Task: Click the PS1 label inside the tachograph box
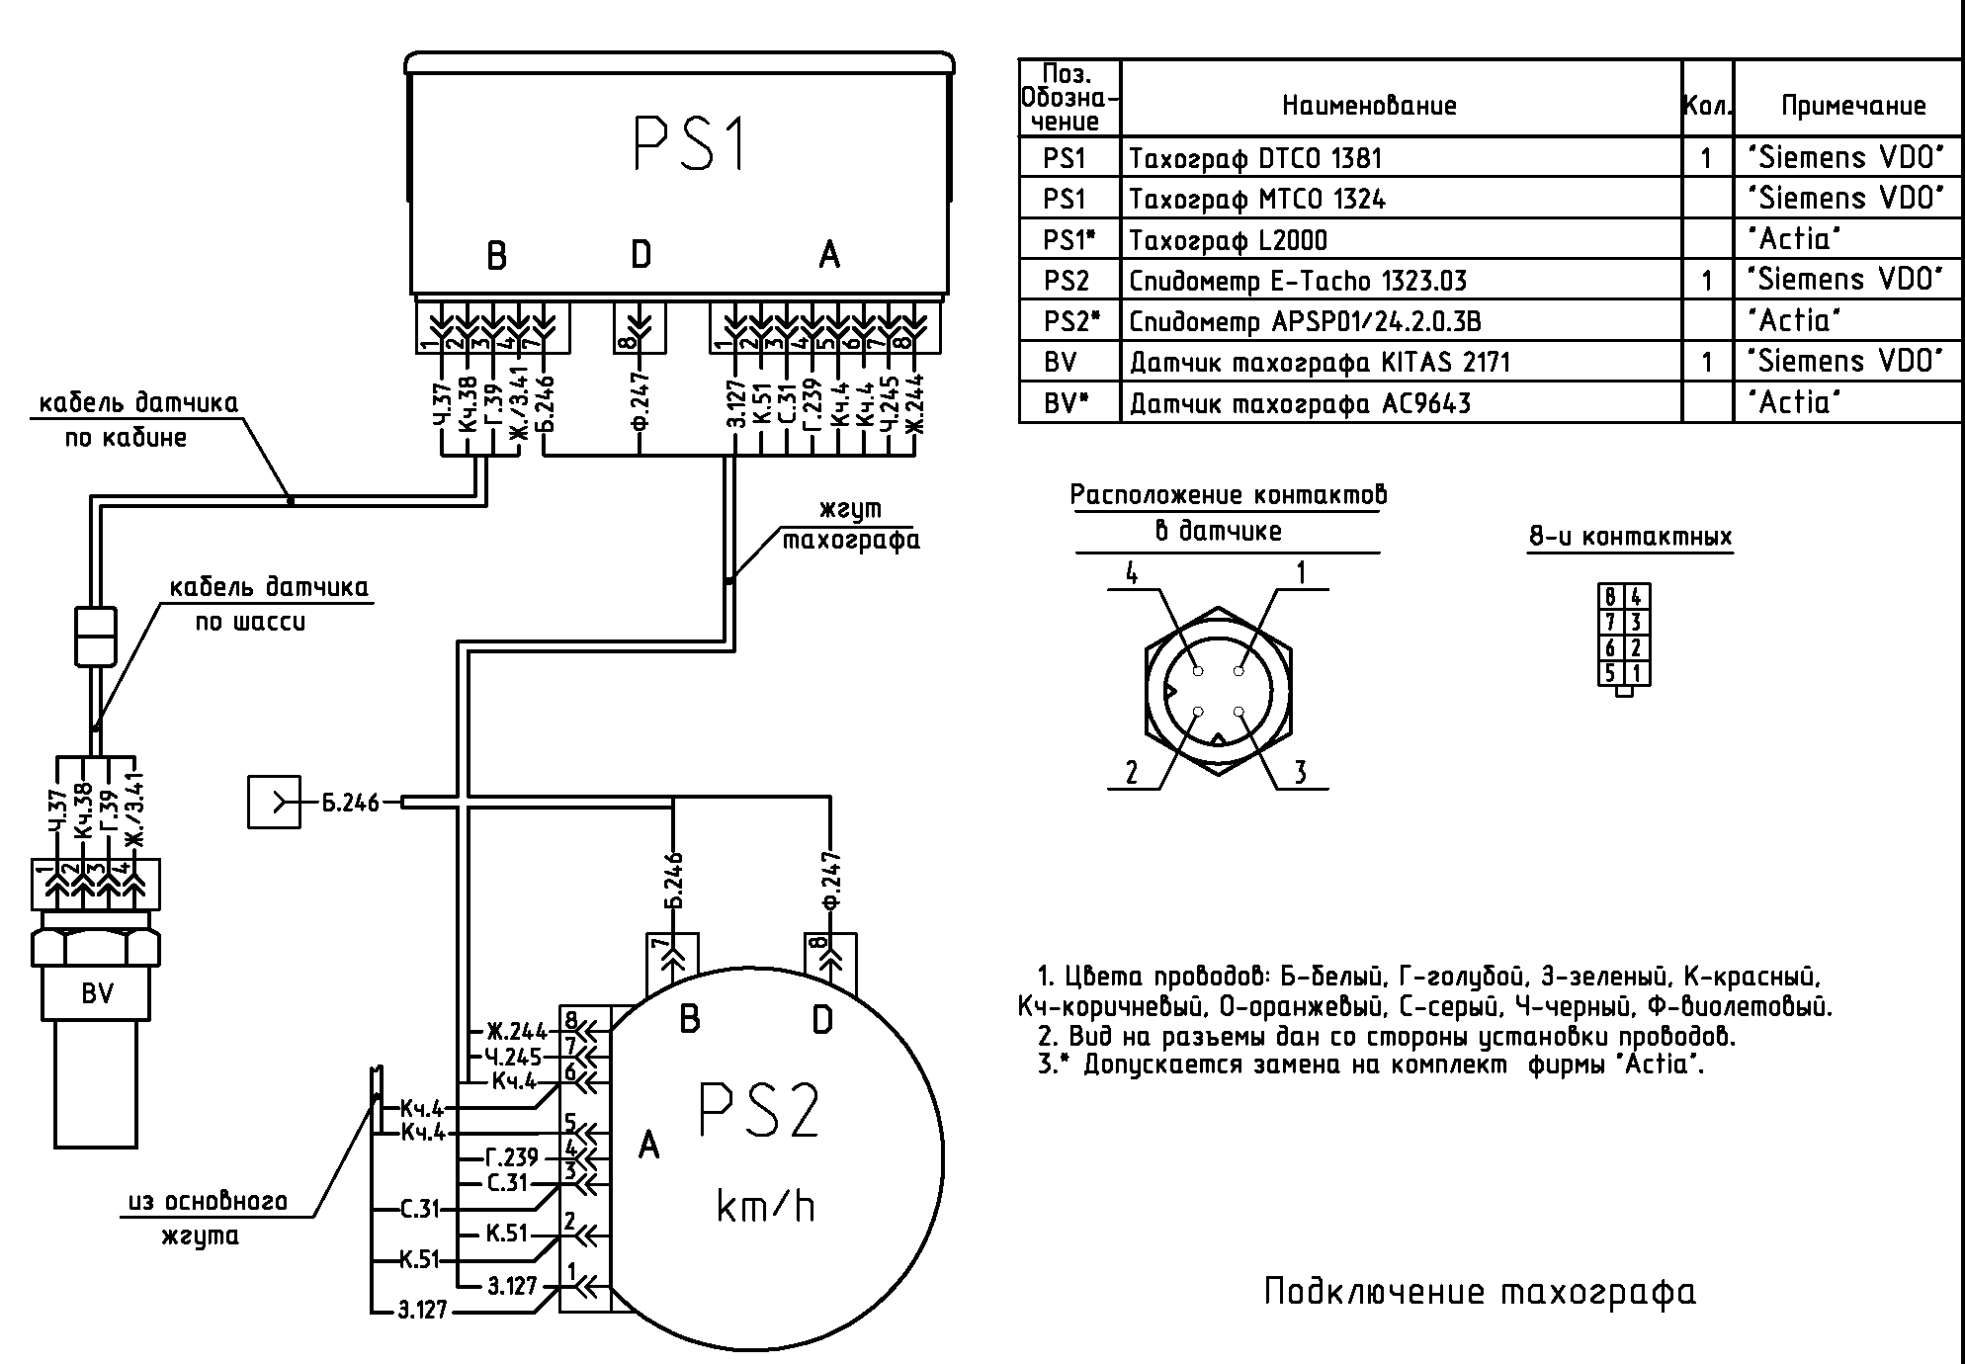pyautogui.click(x=689, y=144)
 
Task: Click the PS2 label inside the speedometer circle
pyautogui.click(x=759, y=1112)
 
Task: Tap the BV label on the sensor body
pyautogui.click(x=97, y=992)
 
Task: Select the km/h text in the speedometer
pyautogui.click(x=765, y=1207)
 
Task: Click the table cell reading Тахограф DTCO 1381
pyautogui.click(x=1255, y=158)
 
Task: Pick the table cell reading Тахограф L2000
pyautogui.click(x=1228, y=240)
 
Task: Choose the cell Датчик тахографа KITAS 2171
pyautogui.click(x=1320, y=363)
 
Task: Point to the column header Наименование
pyautogui.click(x=1369, y=106)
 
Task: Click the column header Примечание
pyautogui.click(x=1853, y=106)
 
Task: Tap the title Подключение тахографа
pyautogui.click(x=1480, y=1292)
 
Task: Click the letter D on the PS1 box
pyautogui.click(x=641, y=255)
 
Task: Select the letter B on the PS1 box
pyautogui.click(x=496, y=256)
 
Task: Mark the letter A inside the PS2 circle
pyautogui.click(x=648, y=1146)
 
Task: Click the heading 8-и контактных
pyautogui.click(x=1630, y=537)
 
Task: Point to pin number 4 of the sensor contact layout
pyautogui.click(x=1132, y=572)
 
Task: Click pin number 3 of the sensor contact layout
pyautogui.click(x=1300, y=772)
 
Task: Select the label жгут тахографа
pyautogui.click(x=851, y=525)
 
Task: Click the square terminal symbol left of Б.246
pyautogui.click(x=274, y=802)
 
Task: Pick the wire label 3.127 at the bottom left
pyautogui.click(x=422, y=1311)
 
